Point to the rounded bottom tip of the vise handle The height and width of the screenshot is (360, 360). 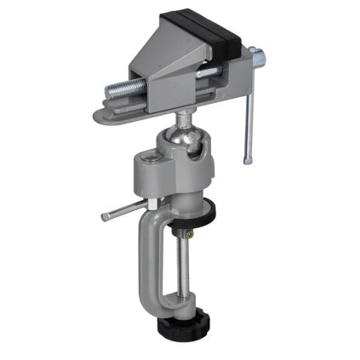point(248,160)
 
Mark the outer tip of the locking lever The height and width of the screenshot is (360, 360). point(104,217)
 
